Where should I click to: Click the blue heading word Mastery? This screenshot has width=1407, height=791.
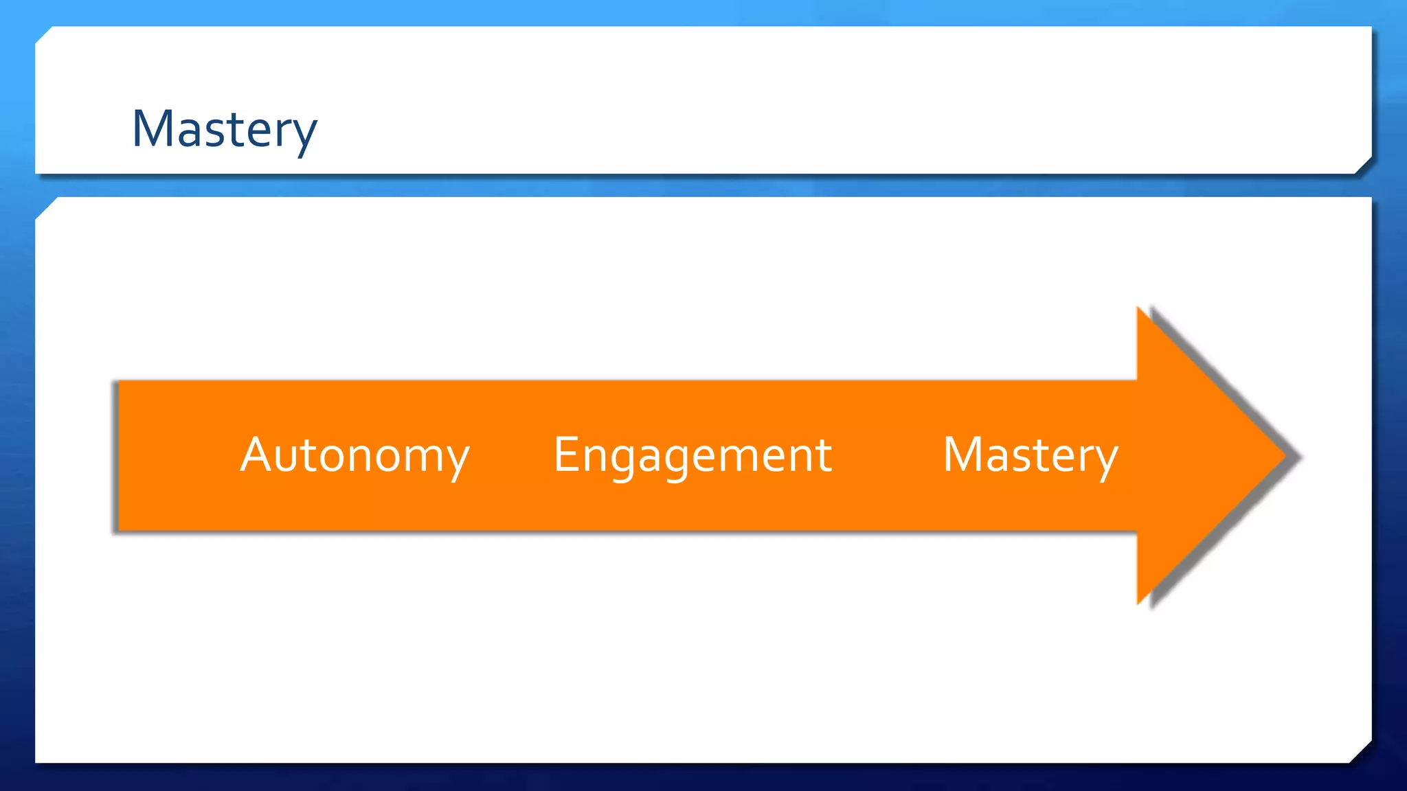(224, 129)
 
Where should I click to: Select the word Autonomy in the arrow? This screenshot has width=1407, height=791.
(354, 455)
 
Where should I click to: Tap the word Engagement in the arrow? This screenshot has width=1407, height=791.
(693, 455)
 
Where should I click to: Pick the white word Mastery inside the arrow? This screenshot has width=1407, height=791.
(1031, 455)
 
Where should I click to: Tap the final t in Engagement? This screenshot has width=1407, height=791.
(824, 455)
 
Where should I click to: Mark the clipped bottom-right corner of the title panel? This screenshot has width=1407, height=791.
(1363, 165)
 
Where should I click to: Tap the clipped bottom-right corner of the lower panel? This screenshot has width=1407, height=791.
(1362, 753)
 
